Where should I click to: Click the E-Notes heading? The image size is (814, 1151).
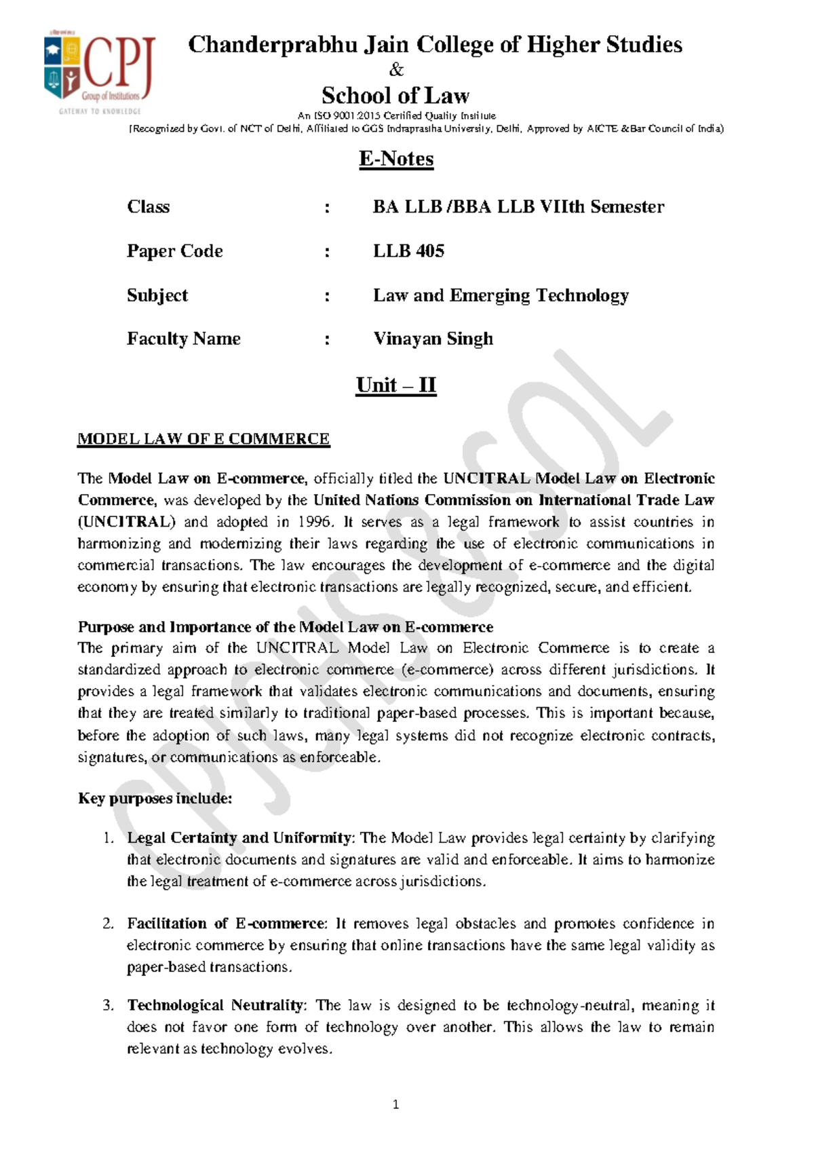pos(396,159)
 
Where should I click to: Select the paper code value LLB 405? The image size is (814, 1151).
pos(408,251)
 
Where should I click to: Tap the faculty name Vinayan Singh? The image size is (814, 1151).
pos(433,339)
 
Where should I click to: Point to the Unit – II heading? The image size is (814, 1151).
pos(396,385)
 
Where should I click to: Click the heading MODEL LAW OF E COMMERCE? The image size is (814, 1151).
pos(203,439)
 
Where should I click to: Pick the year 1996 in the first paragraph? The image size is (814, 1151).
pos(314,522)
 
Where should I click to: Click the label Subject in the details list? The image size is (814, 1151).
pos(157,295)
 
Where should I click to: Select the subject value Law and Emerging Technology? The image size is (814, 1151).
pos(501,295)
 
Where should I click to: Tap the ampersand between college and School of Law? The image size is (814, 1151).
pos(396,70)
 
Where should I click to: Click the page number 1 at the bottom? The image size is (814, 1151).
pos(396,1105)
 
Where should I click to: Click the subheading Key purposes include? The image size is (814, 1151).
pos(155,798)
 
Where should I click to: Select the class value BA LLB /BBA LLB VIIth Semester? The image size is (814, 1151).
pos(518,207)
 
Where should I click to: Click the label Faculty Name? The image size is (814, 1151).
pos(183,339)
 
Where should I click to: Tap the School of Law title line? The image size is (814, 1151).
pos(396,96)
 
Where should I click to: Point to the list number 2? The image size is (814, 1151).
pos(109,924)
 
